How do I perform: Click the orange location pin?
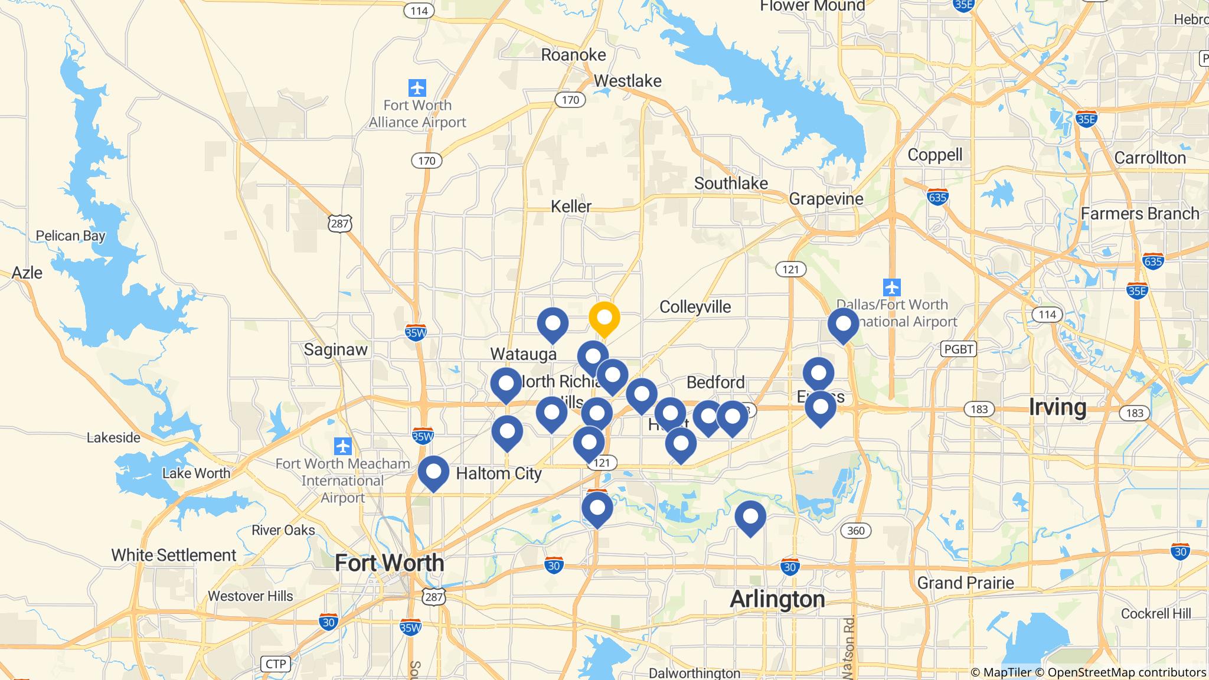tap(604, 318)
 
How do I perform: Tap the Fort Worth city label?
tap(389, 563)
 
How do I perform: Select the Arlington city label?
tap(777, 599)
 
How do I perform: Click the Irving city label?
tap(1057, 407)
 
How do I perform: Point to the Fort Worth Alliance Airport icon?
tap(417, 88)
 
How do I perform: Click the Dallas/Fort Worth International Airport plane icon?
tap(891, 288)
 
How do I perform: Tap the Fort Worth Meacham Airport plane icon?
tap(342, 446)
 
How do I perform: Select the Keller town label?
tap(571, 207)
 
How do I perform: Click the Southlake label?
tap(731, 184)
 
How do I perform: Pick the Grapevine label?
tap(826, 199)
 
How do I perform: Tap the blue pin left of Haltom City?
tap(433, 472)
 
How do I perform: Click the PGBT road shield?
tap(958, 349)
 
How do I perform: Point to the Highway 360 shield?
tap(855, 531)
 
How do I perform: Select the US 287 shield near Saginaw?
tap(340, 223)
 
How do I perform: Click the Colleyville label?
tap(695, 307)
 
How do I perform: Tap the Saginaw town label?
tap(335, 349)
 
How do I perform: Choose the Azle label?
tap(27, 273)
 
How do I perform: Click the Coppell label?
tap(935, 155)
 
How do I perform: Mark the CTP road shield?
tap(276, 664)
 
